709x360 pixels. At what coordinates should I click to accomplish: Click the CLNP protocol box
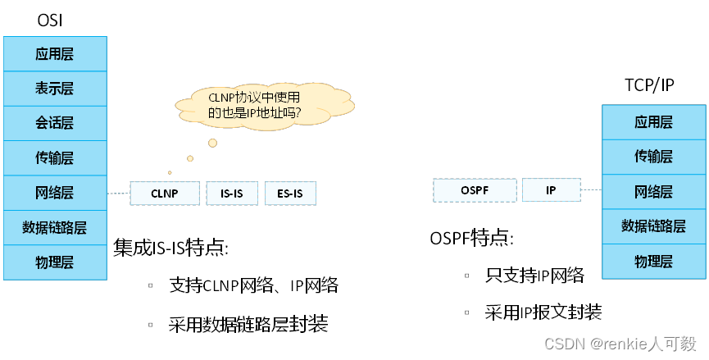pyautogui.click(x=165, y=194)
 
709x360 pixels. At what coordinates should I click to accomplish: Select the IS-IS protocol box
pyautogui.click(x=231, y=194)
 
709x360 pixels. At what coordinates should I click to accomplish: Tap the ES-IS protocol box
pyautogui.click(x=289, y=194)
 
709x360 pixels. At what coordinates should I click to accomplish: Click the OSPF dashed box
pyautogui.click(x=475, y=190)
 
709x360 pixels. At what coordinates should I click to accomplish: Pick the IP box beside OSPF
pyautogui.click(x=551, y=190)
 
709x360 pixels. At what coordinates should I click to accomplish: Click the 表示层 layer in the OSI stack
pyautogui.click(x=55, y=89)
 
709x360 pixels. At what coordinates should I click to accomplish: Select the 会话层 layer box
pyautogui.click(x=55, y=123)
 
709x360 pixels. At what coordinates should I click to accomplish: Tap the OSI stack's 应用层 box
pyautogui.click(x=55, y=54)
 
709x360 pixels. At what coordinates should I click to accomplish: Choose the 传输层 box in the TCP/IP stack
pyautogui.click(x=653, y=157)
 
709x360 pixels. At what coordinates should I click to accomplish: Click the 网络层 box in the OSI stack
pyautogui.click(x=55, y=194)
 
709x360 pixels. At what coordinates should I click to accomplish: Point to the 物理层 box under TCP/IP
pyautogui.click(x=653, y=262)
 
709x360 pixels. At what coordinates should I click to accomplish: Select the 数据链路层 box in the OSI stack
pyautogui.click(x=55, y=228)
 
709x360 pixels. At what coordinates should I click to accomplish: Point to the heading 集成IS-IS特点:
pyautogui.click(x=170, y=248)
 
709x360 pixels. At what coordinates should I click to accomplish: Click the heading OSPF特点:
pyautogui.click(x=472, y=239)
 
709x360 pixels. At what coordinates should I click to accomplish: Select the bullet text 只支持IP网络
pyautogui.click(x=534, y=276)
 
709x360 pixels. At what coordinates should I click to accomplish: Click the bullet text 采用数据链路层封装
pyautogui.click(x=248, y=325)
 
